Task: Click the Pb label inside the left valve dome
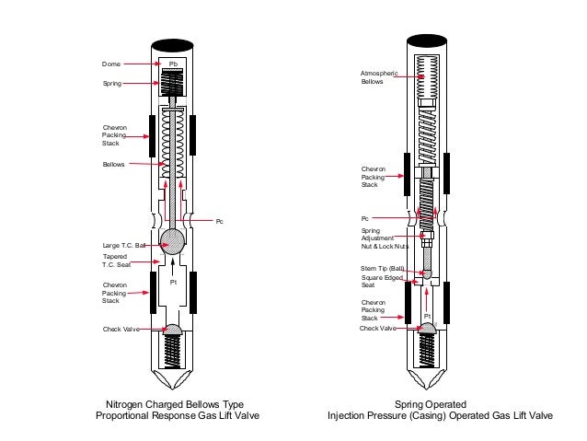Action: [x=172, y=64]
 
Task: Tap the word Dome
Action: [x=110, y=64]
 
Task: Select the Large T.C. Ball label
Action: [x=123, y=246]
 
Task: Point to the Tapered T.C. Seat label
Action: [x=117, y=261]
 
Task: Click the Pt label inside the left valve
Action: [x=172, y=283]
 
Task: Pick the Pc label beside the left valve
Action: [x=218, y=222]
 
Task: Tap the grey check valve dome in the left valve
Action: [x=172, y=329]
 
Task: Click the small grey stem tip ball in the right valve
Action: [x=426, y=273]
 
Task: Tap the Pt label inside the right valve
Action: [x=426, y=316]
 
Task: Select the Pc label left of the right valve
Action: [x=364, y=218]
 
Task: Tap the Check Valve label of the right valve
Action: [x=377, y=328]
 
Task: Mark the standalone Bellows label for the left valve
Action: [x=113, y=165]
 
